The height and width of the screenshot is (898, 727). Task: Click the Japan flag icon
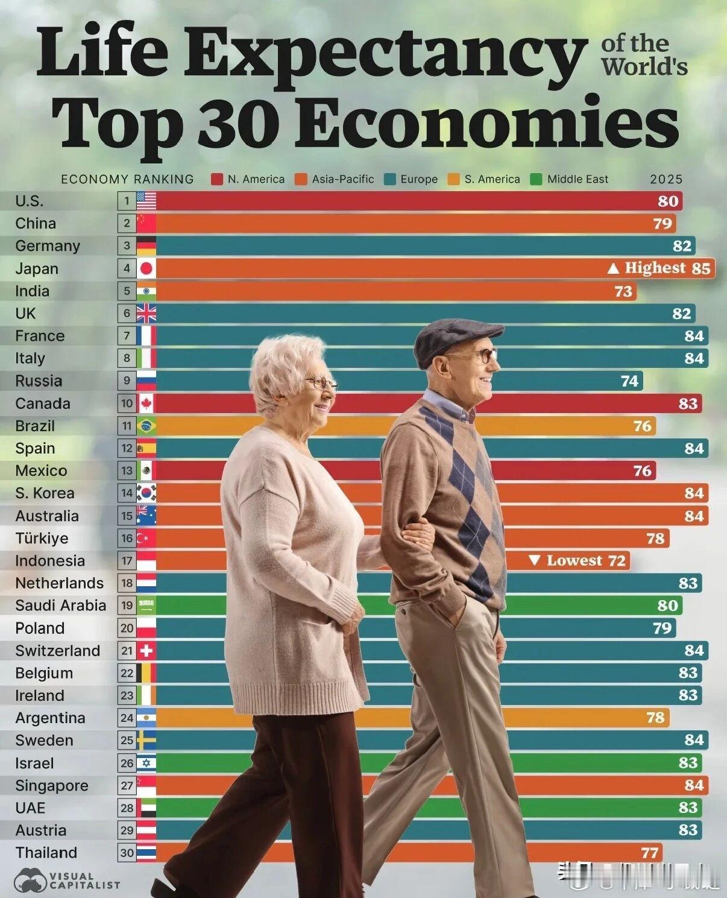pyautogui.click(x=146, y=268)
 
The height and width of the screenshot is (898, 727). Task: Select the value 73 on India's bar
pyautogui.click(x=623, y=291)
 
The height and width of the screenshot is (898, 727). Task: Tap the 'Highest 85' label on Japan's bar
pyautogui.click(x=659, y=268)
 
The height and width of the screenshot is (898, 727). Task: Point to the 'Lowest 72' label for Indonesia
pyautogui.click(x=577, y=561)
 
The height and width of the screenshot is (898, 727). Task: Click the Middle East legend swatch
pyautogui.click(x=537, y=179)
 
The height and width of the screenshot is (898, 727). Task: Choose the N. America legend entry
pyautogui.click(x=248, y=179)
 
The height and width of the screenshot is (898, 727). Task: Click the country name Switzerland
pyautogui.click(x=57, y=651)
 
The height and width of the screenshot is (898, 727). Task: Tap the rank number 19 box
pyautogui.click(x=127, y=606)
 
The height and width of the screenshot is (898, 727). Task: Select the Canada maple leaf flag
pyautogui.click(x=146, y=403)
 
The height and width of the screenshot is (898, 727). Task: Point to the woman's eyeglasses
pyautogui.click(x=321, y=382)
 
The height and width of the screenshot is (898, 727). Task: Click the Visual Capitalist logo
pyautogui.click(x=66, y=881)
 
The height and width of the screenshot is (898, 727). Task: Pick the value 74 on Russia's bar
pyautogui.click(x=629, y=381)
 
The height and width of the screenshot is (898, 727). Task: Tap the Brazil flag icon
pyautogui.click(x=146, y=426)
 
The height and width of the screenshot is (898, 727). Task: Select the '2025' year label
pyautogui.click(x=666, y=179)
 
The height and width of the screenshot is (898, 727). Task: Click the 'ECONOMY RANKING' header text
pyautogui.click(x=127, y=179)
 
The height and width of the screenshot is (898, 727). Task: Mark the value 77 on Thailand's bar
pyautogui.click(x=649, y=853)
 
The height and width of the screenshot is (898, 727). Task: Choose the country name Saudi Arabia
pyautogui.click(x=60, y=606)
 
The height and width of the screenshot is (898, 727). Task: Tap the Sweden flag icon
pyautogui.click(x=146, y=741)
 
